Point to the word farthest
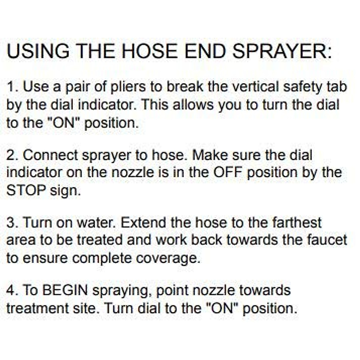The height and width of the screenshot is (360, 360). point(297,223)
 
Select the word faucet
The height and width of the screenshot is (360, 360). point(327,240)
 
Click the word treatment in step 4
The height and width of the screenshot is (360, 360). point(34,309)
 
